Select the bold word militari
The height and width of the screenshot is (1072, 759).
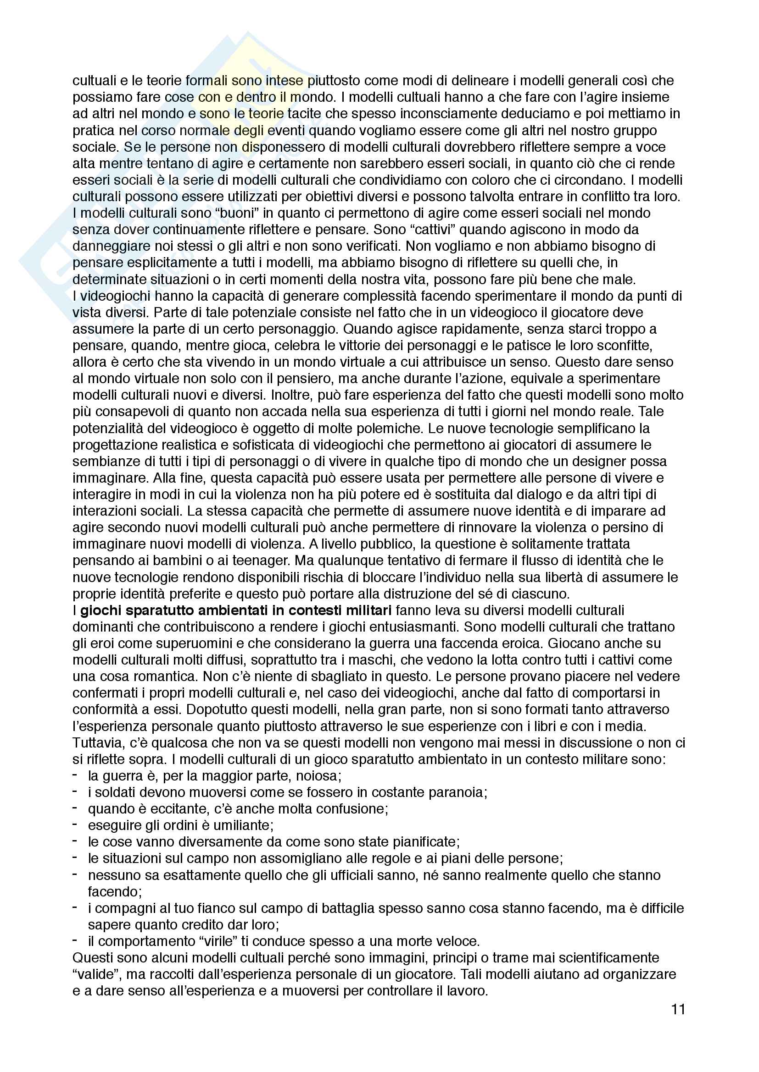(363, 610)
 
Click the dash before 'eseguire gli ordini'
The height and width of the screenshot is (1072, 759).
(75, 825)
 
